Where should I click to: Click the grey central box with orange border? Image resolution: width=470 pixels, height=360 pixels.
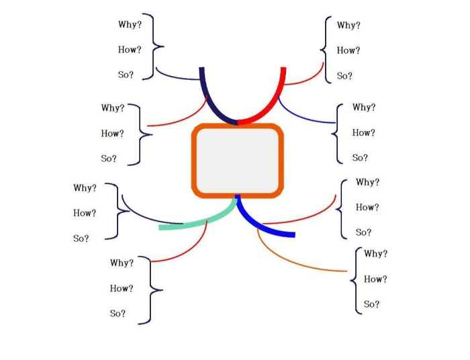pyautogui.click(x=238, y=161)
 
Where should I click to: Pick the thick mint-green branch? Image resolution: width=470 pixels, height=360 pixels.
pyautogui.click(x=201, y=222)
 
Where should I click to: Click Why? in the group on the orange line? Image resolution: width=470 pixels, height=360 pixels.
pyautogui.click(x=375, y=253)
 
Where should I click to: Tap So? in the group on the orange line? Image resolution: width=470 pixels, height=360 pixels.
pyautogui.click(x=371, y=304)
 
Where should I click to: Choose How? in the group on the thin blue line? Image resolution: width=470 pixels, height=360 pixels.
pyautogui.click(x=363, y=132)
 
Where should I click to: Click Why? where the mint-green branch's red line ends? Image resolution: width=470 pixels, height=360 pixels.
pyautogui.click(x=122, y=263)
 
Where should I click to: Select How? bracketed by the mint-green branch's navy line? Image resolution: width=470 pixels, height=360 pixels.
pyautogui.click(x=85, y=213)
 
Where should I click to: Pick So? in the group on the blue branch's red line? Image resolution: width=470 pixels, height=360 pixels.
pyautogui.click(x=363, y=232)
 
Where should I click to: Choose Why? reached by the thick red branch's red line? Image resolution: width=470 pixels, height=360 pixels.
pyautogui.click(x=348, y=26)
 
